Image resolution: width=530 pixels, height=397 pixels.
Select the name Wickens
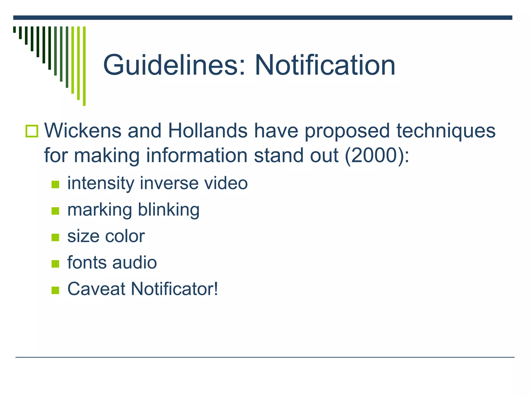(83, 131)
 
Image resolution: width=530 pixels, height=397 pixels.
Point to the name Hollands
(208, 131)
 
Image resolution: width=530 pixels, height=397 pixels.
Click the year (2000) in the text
(375, 156)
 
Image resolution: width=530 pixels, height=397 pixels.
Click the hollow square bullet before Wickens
(32, 131)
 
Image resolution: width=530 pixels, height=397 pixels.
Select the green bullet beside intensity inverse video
(55, 185)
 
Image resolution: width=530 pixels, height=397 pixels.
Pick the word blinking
(168, 210)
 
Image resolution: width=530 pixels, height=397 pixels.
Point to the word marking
(100, 210)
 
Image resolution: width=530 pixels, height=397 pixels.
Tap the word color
(125, 236)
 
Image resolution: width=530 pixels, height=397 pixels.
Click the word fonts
(87, 263)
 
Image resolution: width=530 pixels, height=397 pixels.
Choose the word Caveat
(96, 289)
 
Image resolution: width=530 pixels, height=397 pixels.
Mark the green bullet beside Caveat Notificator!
(55, 291)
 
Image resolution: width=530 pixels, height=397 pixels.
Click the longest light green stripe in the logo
(84, 66)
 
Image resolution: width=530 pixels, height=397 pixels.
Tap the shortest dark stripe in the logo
(14, 29)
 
